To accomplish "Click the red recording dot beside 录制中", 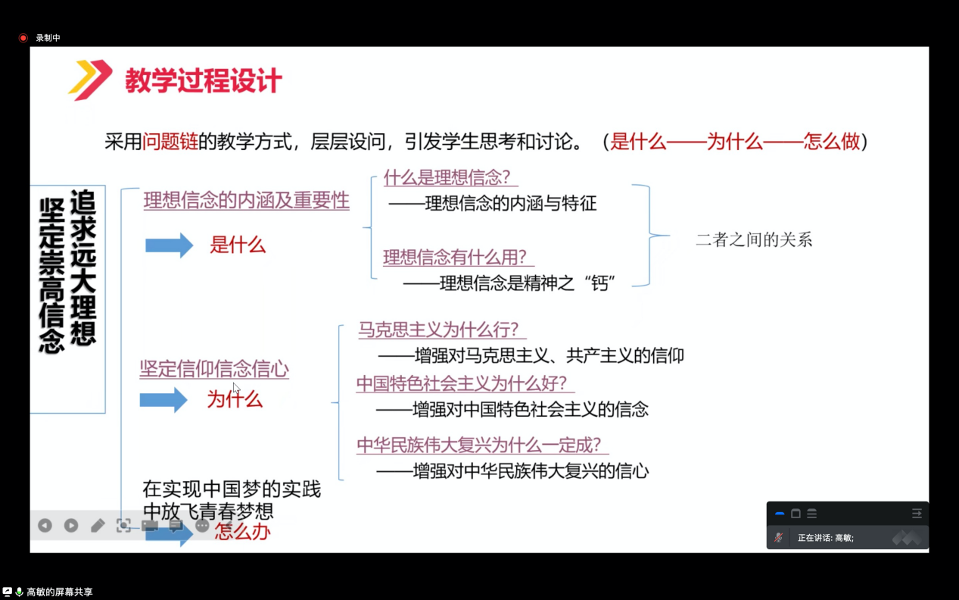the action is coord(23,38).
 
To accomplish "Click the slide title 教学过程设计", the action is coord(204,80).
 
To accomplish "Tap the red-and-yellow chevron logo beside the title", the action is coord(90,80).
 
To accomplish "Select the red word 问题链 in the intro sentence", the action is coord(170,142).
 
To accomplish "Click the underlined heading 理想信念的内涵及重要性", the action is coord(247,200).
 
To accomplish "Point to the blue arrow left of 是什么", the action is coord(169,245).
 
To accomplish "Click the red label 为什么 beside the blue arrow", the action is coord(235,399).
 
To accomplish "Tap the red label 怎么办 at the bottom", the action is coord(242,532).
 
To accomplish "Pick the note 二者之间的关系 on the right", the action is coord(754,239).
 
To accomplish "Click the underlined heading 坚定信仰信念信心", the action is coord(214,369).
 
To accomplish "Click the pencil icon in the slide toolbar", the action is coord(98,526).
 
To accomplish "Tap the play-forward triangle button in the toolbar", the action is coord(71,526).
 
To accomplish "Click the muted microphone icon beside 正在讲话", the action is coord(779,537).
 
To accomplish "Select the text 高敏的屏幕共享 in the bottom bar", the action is coord(60,592).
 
